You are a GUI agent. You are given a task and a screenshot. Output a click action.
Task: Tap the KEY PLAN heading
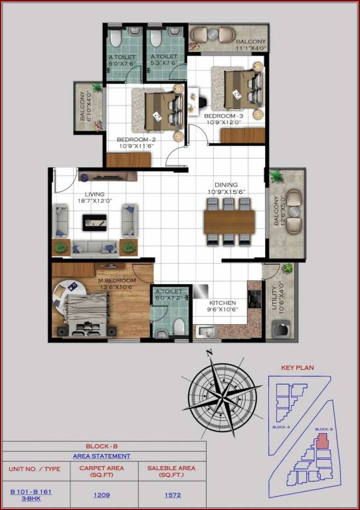pyautogui.click(x=298, y=367)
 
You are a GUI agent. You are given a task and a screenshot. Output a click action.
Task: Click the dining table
pyautogui.click(x=229, y=222)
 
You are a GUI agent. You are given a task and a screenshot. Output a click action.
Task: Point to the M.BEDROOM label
pyautogui.click(x=117, y=281)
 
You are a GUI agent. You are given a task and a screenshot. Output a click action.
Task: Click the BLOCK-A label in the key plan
pyautogui.click(x=282, y=427)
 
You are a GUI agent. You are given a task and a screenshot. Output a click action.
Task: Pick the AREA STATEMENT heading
pyautogui.click(x=102, y=456)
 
